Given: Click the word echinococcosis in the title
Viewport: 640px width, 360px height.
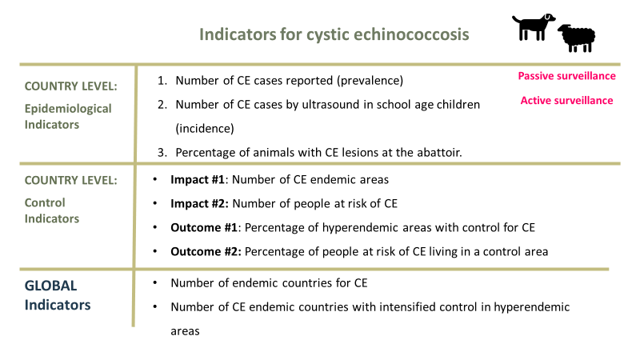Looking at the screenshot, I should pyautogui.click(x=416, y=35).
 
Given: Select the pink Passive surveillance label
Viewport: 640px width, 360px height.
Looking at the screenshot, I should pyautogui.click(x=566, y=76).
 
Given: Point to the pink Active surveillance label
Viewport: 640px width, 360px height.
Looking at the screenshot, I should pyautogui.click(x=566, y=100).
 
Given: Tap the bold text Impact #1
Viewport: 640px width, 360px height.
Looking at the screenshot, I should pyautogui.click(x=197, y=180).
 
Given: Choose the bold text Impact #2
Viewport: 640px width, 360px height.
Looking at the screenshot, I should pyautogui.click(x=198, y=203).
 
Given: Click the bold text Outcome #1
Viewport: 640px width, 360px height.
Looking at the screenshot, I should pyautogui.click(x=203, y=227).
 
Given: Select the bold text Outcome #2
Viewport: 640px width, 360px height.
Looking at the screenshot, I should pyautogui.click(x=205, y=251).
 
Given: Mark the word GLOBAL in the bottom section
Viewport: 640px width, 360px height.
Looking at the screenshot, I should pyautogui.click(x=50, y=286).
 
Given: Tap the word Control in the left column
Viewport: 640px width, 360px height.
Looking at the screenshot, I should pyautogui.click(x=45, y=203).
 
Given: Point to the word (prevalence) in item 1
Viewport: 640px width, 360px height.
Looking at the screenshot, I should pyautogui.click(x=368, y=81).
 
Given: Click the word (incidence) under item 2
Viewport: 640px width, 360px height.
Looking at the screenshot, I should pyautogui.click(x=204, y=127).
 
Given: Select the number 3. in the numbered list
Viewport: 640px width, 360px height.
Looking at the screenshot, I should pyautogui.click(x=162, y=151).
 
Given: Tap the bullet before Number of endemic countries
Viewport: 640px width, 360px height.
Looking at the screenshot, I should pyautogui.click(x=154, y=283).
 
